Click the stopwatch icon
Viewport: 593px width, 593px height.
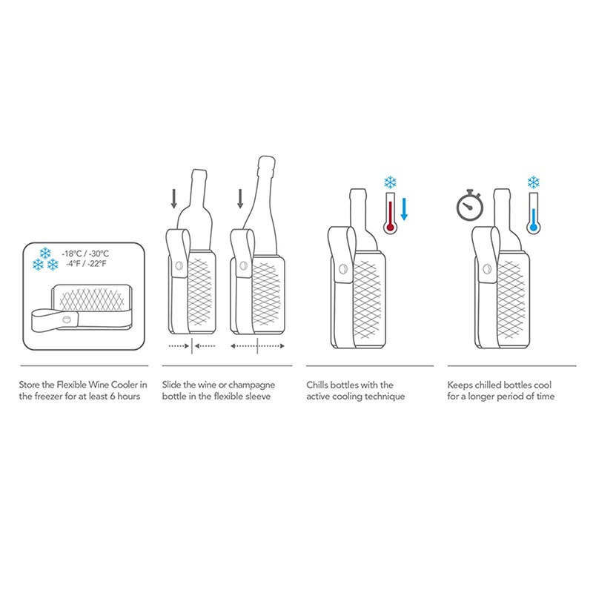[470, 205]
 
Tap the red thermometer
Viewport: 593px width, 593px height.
[391, 213]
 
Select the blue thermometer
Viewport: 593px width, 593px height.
[533, 213]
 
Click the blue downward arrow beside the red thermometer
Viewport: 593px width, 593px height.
[404, 209]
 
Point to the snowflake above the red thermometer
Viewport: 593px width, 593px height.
[390, 182]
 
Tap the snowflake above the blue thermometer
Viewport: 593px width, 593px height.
[533, 182]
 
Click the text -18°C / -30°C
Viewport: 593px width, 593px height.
[85, 254]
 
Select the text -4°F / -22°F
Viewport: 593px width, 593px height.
[86, 264]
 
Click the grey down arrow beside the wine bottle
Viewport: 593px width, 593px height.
[173, 199]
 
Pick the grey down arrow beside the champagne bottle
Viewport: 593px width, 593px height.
[240, 199]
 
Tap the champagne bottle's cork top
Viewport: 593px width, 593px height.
[266, 162]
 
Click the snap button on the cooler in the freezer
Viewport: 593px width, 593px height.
[67, 319]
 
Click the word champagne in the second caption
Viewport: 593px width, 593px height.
[251, 385]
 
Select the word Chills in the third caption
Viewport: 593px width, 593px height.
[317, 385]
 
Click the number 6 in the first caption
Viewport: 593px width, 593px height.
[113, 397]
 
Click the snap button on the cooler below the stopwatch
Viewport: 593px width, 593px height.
[488, 269]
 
